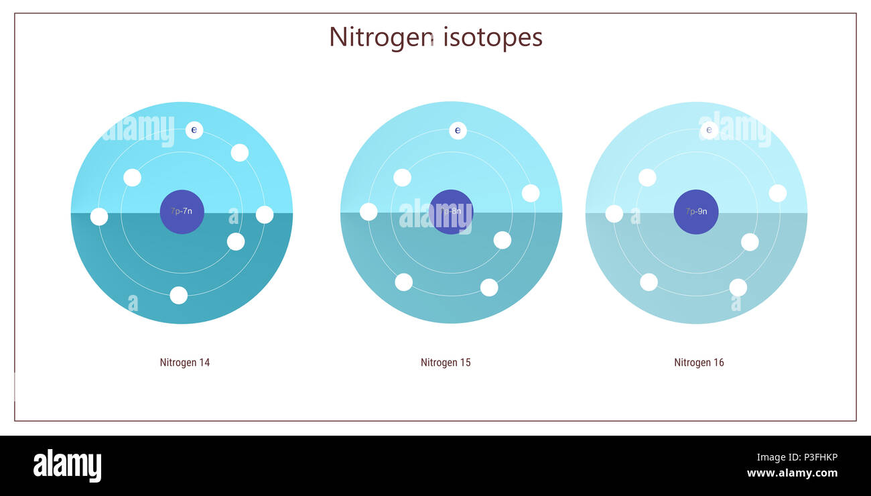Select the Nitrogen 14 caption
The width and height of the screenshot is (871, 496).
[x=184, y=363]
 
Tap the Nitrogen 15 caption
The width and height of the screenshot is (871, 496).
[x=446, y=363]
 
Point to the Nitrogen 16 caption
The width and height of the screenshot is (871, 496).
[x=699, y=363]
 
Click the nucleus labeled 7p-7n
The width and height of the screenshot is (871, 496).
[x=182, y=212]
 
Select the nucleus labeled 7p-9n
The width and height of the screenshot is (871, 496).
[x=696, y=212]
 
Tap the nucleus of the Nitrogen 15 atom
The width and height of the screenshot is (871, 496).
[x=451, y=212]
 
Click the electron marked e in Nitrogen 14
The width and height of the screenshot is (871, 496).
[x=194, y=130]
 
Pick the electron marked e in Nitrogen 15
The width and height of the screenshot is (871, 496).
[x=458, y=131]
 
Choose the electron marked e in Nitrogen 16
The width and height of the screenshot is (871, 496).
[x=709, y=130]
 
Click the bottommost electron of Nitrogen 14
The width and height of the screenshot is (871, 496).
[x=178, y=295]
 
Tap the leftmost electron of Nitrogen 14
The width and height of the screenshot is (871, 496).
[x=99, y=216]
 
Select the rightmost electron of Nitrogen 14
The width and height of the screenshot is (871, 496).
[x=265, y=214]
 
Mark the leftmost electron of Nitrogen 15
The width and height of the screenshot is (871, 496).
[x=368, y=212]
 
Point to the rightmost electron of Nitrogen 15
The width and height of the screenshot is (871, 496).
[x=531, y=193]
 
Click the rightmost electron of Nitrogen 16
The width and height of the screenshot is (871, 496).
[x=777, y=193]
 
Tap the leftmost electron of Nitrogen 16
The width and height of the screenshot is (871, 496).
[x=614, y=214]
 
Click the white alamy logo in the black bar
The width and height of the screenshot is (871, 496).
[x=67, y=465]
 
